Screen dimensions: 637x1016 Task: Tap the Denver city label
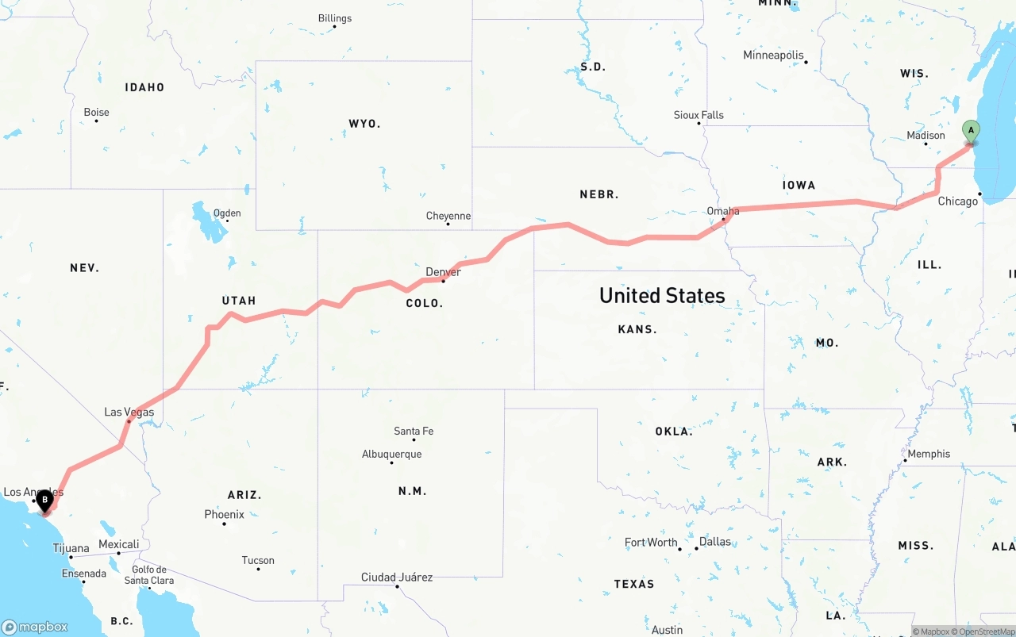point(443,272)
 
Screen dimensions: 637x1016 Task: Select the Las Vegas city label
point(129,412)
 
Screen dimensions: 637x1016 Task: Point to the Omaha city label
point(723,211)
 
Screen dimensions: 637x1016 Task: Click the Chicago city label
point(958,201)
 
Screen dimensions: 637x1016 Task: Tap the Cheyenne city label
point(448,216)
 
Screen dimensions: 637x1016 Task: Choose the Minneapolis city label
point(773,55)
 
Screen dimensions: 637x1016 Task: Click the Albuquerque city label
point(391,454)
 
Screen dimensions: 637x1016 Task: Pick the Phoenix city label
point(224,514)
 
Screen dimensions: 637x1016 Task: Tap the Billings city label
point(335,18)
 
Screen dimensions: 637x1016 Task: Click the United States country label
point(662,296)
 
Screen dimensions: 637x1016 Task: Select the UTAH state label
point(239,301)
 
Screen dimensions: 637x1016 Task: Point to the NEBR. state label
point(599,194)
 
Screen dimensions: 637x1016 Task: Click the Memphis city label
point(929,454)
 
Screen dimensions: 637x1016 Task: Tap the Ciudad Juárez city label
point(397,577)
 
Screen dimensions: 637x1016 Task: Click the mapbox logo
point(35,627)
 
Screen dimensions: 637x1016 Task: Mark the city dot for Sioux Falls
point(699,123)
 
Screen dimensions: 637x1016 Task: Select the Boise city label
point(96,112)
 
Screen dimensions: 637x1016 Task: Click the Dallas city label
point(715,542)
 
